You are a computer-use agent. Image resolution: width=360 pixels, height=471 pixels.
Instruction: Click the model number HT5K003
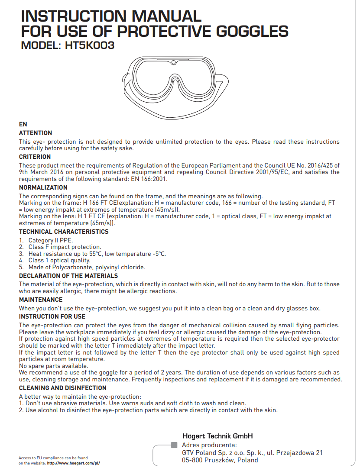pos(90,45)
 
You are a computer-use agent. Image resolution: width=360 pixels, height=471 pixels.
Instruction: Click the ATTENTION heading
pos(36,133)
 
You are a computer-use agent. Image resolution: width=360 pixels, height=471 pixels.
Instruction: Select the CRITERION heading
pos(35,157)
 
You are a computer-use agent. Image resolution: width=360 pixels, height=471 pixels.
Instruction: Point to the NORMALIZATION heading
pos(43,187)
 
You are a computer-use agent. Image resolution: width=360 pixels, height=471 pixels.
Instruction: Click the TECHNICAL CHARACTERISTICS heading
pos(64,232)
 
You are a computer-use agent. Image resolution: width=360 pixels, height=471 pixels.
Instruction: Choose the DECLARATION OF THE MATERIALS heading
pos(68,276)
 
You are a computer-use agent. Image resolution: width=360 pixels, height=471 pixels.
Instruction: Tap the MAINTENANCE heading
pos(41,300)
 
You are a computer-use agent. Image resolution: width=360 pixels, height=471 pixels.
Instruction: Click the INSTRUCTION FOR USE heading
pos(52,316)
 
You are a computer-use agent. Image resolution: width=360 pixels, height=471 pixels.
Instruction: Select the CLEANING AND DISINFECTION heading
pos(63,388)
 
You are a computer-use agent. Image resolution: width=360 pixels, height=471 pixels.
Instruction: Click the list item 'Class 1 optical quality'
pos(59,261)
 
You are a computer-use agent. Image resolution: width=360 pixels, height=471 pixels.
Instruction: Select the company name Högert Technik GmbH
pos(217,436)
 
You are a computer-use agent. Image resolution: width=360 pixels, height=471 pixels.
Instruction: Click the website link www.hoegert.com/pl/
pos(73,463)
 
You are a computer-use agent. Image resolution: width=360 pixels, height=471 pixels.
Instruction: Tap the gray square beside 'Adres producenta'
pos(175,445)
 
